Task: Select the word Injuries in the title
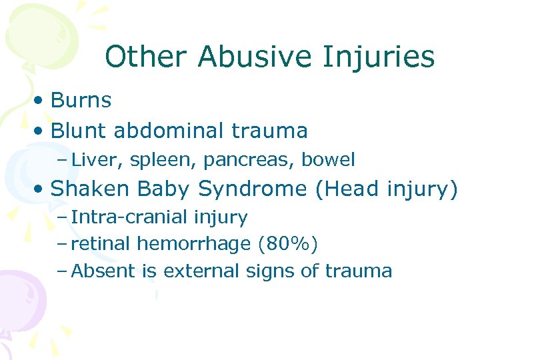click(x=379, y=57)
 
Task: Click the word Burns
click(x=81, y=101)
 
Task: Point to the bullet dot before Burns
click(x=41, y=101)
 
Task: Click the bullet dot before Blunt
click(x=41, y=131)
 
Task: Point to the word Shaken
click(x=90, y=189)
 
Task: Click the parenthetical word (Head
click(x=347, y=190)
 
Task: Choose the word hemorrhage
click(x=193, y=245)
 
